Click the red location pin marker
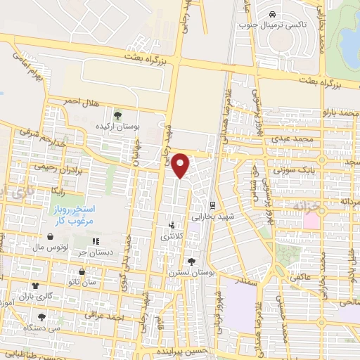click(181, 165)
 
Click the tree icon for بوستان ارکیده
click(117, 115)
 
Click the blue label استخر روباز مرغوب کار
click(71, 216)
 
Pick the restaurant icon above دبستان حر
click(96, 243)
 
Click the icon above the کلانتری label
click(171, 226)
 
